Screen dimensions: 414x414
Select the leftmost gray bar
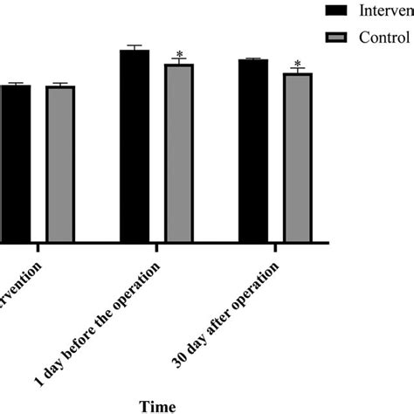(60, 163)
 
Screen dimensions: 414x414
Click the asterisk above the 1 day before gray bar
(179, 54)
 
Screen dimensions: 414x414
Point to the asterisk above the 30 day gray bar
(298, 64)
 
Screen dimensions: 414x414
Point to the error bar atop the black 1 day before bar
(135, 47)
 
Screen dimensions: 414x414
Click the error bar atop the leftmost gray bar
(60, 84)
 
